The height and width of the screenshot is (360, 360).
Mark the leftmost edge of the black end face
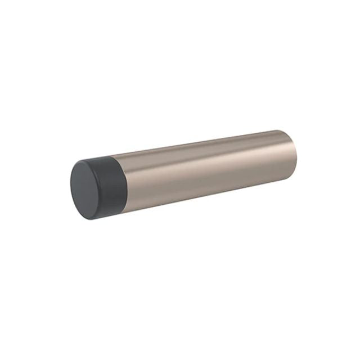pos(71,181)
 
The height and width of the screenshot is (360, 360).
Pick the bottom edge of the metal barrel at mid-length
pos(208,192)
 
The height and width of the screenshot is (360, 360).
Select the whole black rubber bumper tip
pos(98,181)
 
